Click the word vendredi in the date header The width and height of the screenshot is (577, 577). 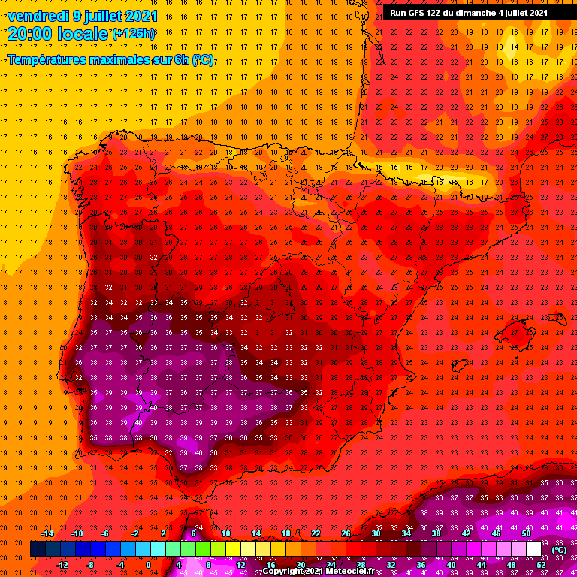pyautogui.click(x=38, y=16)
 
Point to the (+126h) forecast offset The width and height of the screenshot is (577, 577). pyautogui.click(x=134, y=33)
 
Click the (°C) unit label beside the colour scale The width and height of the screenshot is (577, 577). pyautogui.click(x=558, y=550)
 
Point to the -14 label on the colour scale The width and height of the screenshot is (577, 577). pyautogui.click(x=46, y=533)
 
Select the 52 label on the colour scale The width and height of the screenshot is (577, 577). pyautogui.click(x=542, y=566)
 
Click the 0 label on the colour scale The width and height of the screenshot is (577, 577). pyautogui.click(x=149, y=566)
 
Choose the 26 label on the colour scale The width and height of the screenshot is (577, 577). pyautogui.click(x=346, y=533)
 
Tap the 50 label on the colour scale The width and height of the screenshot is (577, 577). pyautogui.click(x=526, y=533)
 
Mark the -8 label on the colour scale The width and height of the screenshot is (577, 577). pyautogui.click(x=90, y=566)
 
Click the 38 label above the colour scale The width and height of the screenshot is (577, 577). pyautogui.click(x=436, y=533)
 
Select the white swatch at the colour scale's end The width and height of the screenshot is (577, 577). pyautogui.click(x=533, y=549)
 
